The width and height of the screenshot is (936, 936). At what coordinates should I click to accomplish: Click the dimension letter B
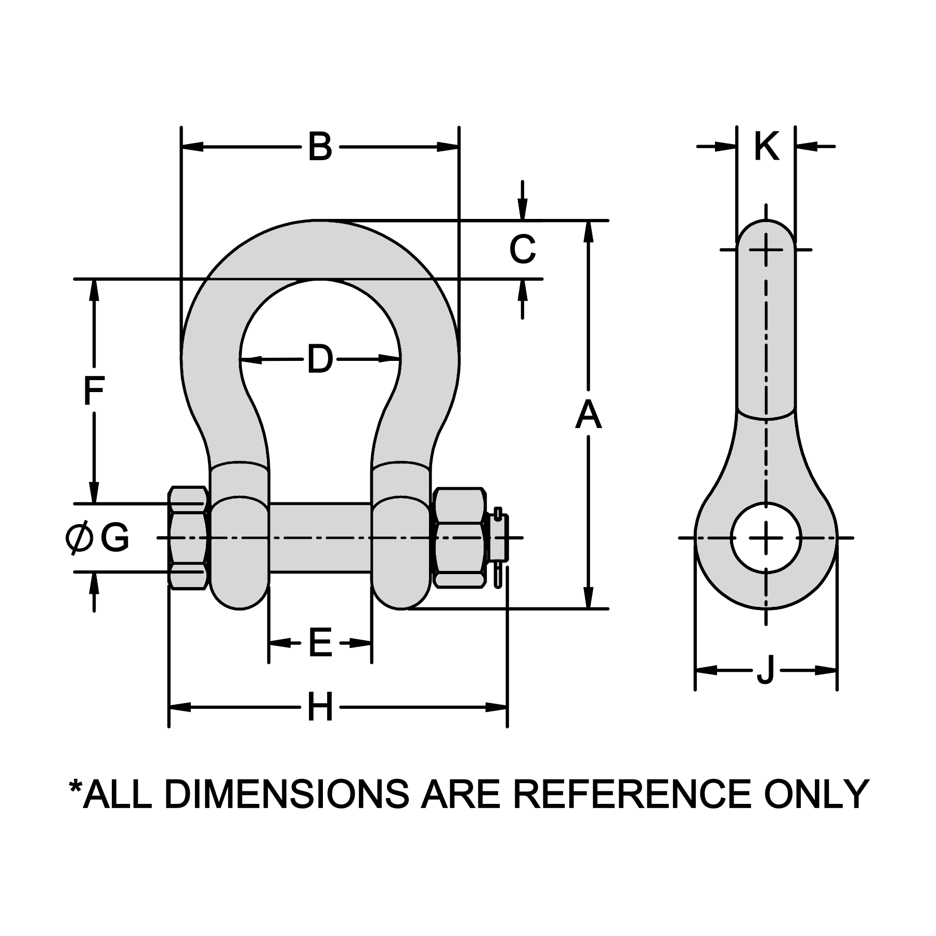[x=320, y=147]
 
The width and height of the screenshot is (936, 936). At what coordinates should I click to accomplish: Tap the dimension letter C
[x=522, y=250]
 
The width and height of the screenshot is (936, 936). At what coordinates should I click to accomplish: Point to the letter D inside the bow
[x=320, y=359]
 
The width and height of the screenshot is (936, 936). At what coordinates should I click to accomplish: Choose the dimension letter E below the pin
[x=320, y=643]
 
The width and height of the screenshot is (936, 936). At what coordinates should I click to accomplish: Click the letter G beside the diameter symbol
[x=114, y=538]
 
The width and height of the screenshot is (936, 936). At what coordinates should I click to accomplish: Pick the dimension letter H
[x=320, y=707]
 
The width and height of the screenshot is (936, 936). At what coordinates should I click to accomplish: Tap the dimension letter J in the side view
[x=765, y=670]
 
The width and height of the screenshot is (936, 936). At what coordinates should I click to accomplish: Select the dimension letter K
[x=766, y=147]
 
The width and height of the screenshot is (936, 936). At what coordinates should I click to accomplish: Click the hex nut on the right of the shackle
[x=459, y=538]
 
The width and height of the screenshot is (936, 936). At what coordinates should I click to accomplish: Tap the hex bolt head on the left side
[x=188, y=538]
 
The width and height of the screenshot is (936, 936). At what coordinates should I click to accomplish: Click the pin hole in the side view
[x=766, y=538]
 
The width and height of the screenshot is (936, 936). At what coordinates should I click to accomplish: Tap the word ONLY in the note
[x=816, y=794]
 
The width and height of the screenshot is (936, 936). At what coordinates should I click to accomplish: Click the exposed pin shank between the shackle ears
[x=320, y=538]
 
